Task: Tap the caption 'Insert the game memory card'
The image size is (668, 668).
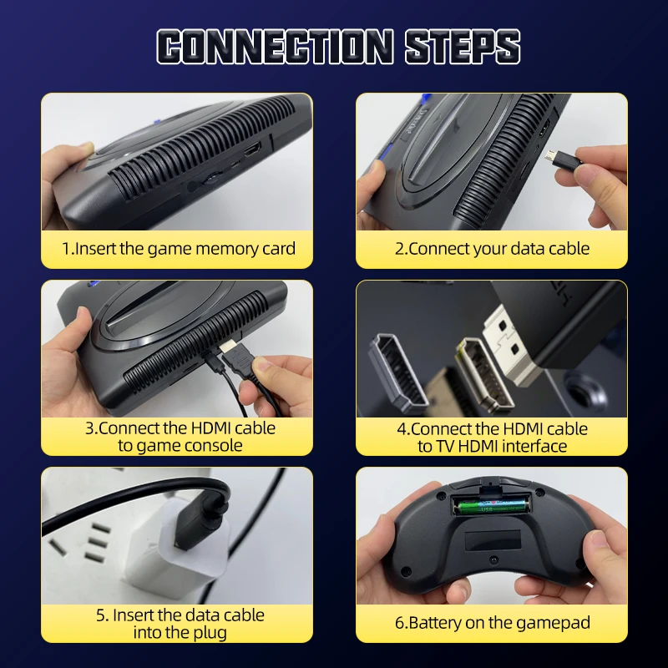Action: pyautogui.click(x=178, y=249)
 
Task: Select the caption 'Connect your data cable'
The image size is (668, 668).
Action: pyautogui.click(x=492, y=249)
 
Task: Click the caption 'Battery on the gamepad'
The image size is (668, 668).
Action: pyautogui.click(x=492, y=623)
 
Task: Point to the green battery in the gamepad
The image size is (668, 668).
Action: pyautogui.click(x=493, y=504)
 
